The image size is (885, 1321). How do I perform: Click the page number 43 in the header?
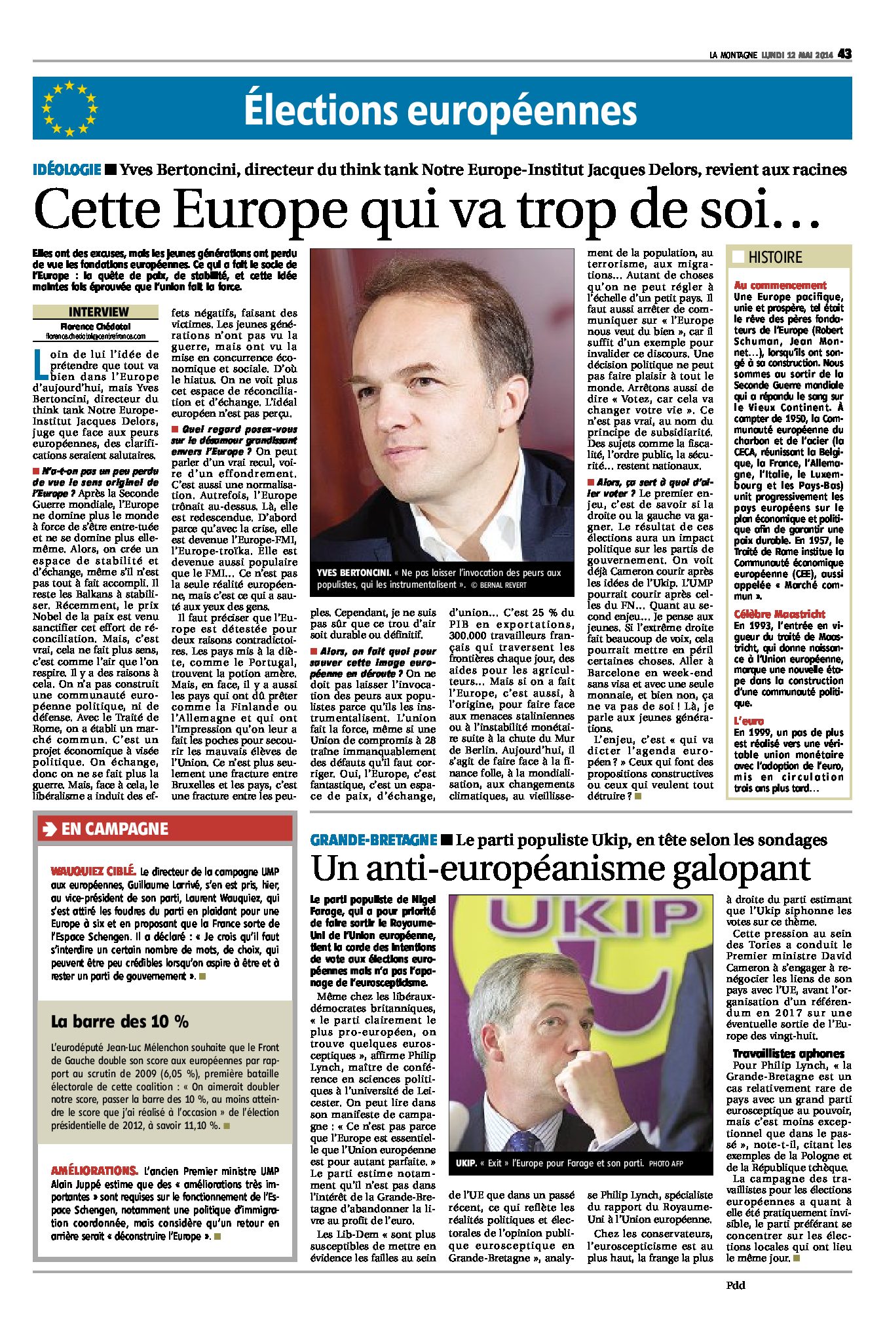point(844,54)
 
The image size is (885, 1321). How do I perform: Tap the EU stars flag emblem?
point(69,109)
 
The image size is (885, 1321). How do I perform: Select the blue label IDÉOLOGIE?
point(67,170)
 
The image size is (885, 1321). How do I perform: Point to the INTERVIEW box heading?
point(98,312)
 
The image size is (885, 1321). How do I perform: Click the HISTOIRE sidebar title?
point(775,258)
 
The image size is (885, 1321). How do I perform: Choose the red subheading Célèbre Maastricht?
point(779,614)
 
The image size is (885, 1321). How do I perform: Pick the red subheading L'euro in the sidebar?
point(749,721)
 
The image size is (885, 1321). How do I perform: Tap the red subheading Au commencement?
point(780,285)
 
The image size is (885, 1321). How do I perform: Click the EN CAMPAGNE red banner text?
point(115,829)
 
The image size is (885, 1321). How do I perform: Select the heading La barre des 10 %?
point(120,1021)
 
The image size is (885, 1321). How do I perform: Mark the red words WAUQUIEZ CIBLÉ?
point(93,871)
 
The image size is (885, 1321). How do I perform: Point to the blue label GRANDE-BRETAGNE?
point(373,840)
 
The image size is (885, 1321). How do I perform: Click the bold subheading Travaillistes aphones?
point(788,1054)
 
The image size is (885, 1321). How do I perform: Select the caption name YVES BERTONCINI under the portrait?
point(354,573)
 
